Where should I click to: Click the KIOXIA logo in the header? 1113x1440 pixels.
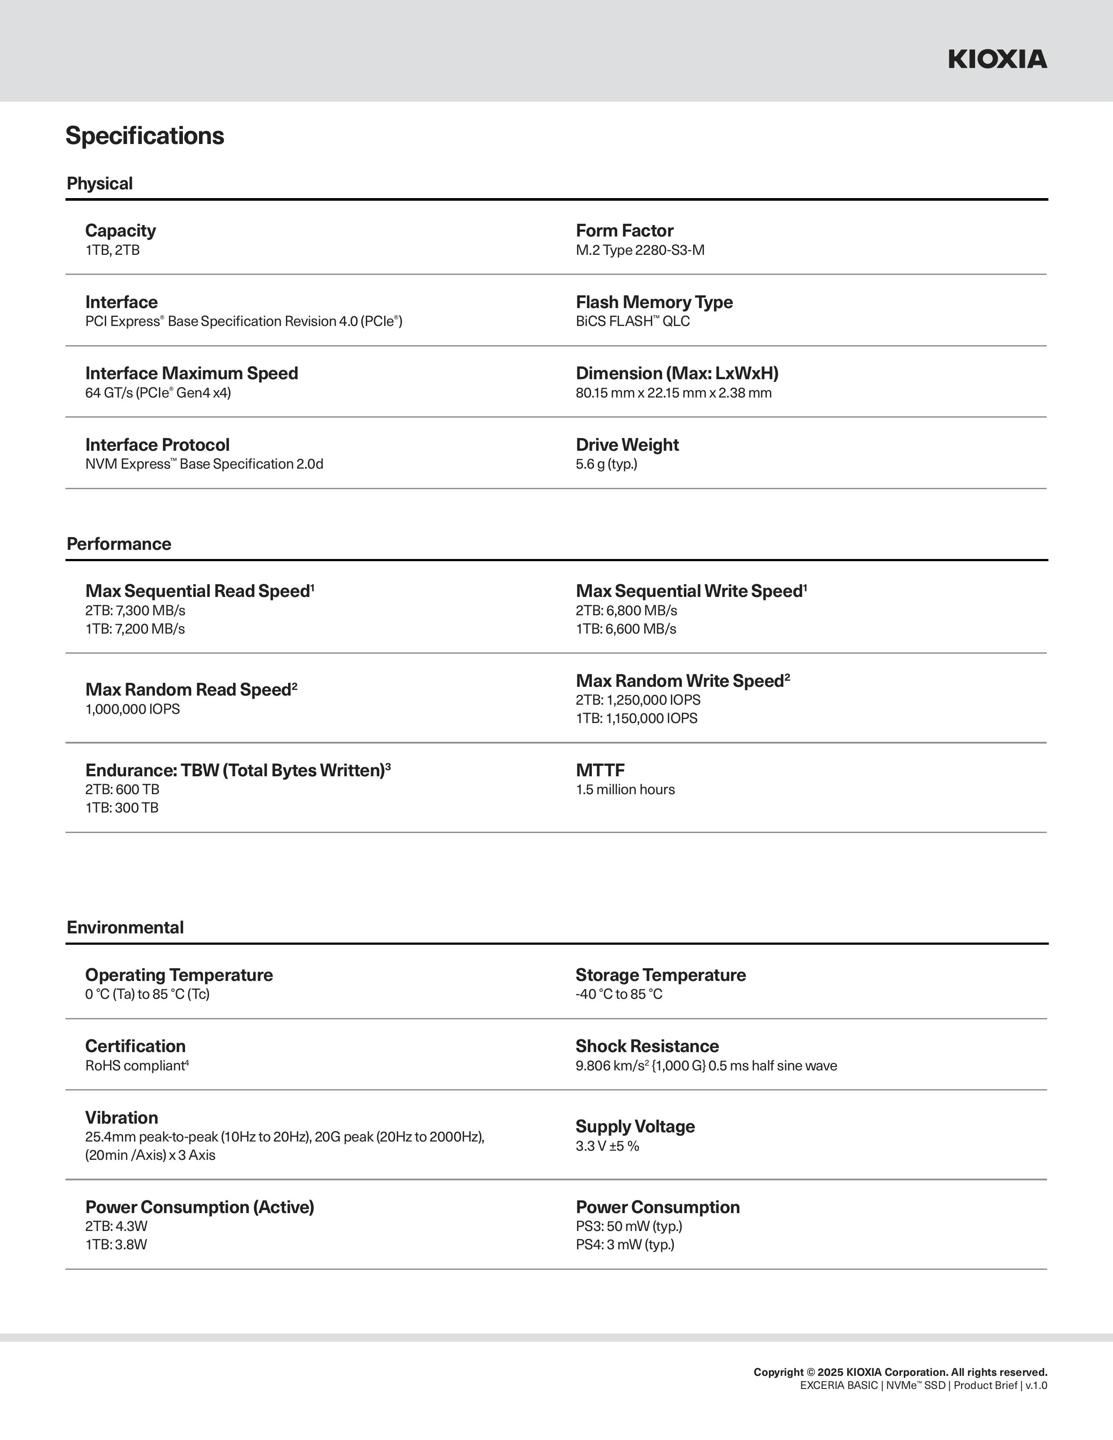pos(997,59)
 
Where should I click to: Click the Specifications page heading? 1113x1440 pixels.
pos(144,136)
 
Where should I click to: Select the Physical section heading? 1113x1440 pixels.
pos(100,183)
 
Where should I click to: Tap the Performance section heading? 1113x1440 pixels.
pos(119,544)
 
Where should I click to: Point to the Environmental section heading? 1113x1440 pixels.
pos(125,928)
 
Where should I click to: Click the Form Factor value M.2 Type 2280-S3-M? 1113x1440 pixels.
pos(639,250)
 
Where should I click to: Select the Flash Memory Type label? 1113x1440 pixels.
pos(654,302)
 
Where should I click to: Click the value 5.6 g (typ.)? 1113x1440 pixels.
pos(606,464)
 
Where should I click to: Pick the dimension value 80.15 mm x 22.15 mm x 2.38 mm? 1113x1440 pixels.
pos(673,393)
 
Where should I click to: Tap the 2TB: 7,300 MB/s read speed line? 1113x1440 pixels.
pos(135,610)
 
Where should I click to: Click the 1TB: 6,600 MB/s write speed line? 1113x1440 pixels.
pos(626,629)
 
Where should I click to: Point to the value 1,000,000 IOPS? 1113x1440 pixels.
pos(133,710)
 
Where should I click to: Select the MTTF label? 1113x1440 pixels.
pos(600,770)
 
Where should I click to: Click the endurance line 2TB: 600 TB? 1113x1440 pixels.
pos(122,790)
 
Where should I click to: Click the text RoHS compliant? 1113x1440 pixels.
pos(135,1066)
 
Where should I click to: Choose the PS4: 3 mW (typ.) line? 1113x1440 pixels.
pos(625,1245)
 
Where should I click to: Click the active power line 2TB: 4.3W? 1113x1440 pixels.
pos(116,1226)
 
